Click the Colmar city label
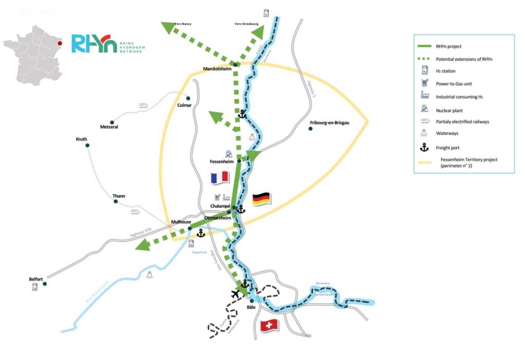click(184, 105)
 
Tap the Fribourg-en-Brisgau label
click(329, 123)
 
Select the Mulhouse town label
click(181, 222)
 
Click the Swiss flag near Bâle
click(269, 325)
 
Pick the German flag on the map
click(261, 198)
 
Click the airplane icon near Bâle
click(235, 294)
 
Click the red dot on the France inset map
click(60, 44)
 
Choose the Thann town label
click(118, 196)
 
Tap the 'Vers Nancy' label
click(183, 24)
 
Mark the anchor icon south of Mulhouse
click(201, 233)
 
